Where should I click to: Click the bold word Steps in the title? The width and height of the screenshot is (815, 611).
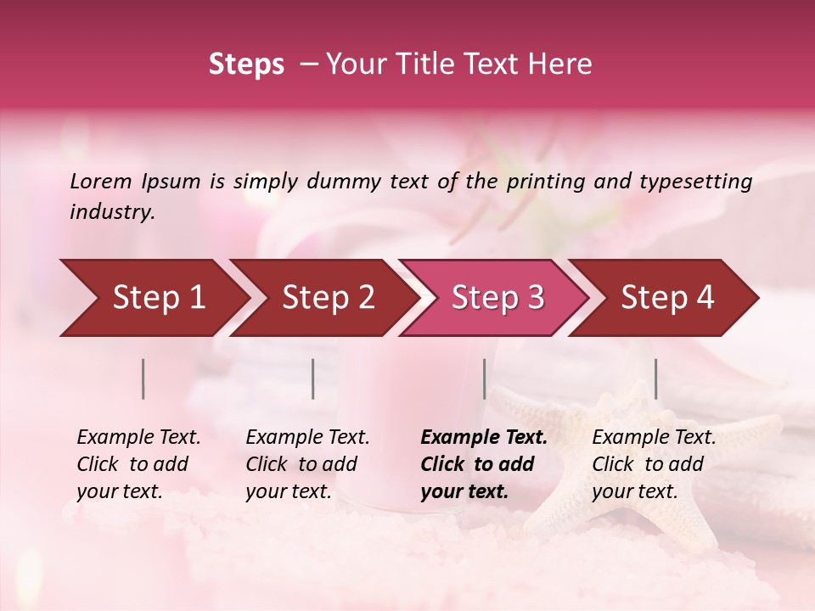click(x=246, y=64)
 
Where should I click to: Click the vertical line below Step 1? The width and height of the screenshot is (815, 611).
click(x=143, y=378)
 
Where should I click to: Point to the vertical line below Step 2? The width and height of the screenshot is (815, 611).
click(x=313, y=378)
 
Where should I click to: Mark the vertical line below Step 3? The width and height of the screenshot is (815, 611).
click(x=484, y=378)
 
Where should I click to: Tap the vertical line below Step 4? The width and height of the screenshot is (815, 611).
click(x=656, y=378)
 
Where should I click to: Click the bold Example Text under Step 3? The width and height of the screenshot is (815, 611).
click(x=484, y=438)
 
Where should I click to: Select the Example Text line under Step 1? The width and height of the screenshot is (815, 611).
click(x=138, y=438)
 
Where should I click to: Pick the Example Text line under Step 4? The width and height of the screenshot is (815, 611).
click(x=654, y=438)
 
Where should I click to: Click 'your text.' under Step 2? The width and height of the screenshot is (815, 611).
click(x=289, y=492)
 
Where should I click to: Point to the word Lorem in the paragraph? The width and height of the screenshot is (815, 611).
click(x=101, y=182)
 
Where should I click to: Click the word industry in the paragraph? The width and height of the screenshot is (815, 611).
click(x=110, y=212)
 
